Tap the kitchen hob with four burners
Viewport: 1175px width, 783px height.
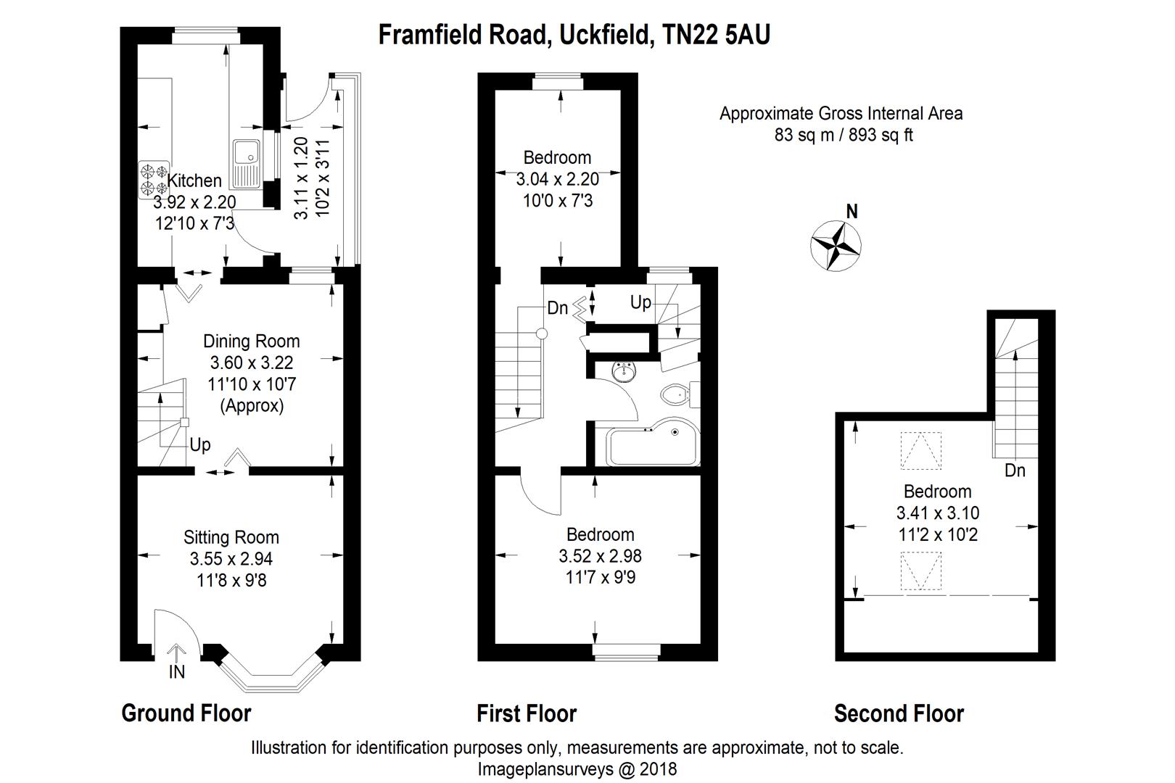(x=154, y=179)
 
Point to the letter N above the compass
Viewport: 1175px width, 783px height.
(x=852, y=212)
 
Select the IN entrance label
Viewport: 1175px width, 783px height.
(x=177, y=672)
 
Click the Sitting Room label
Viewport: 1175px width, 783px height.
(x=231, y=537)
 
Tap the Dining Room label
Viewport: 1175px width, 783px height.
(x=251, y=341)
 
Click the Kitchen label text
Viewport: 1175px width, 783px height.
(x=194, y=181)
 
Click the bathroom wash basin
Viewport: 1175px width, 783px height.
(x=623, y=371)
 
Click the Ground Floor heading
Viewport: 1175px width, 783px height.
(x=186, y=713)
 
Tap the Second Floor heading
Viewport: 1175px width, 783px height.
(x=899, y=713)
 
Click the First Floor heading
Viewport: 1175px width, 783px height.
(x=526, y=713)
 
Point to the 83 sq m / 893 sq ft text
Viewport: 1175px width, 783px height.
(x=844, y=135)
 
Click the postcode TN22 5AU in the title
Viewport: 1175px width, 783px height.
(x=717, y=34)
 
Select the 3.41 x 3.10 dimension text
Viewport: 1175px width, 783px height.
(x=937, y=513)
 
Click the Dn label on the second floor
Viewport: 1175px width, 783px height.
(x=1015, y=471)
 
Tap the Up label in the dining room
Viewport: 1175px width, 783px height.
(x=200, y=444)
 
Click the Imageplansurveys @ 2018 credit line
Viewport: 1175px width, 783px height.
(x=577, y=768)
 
